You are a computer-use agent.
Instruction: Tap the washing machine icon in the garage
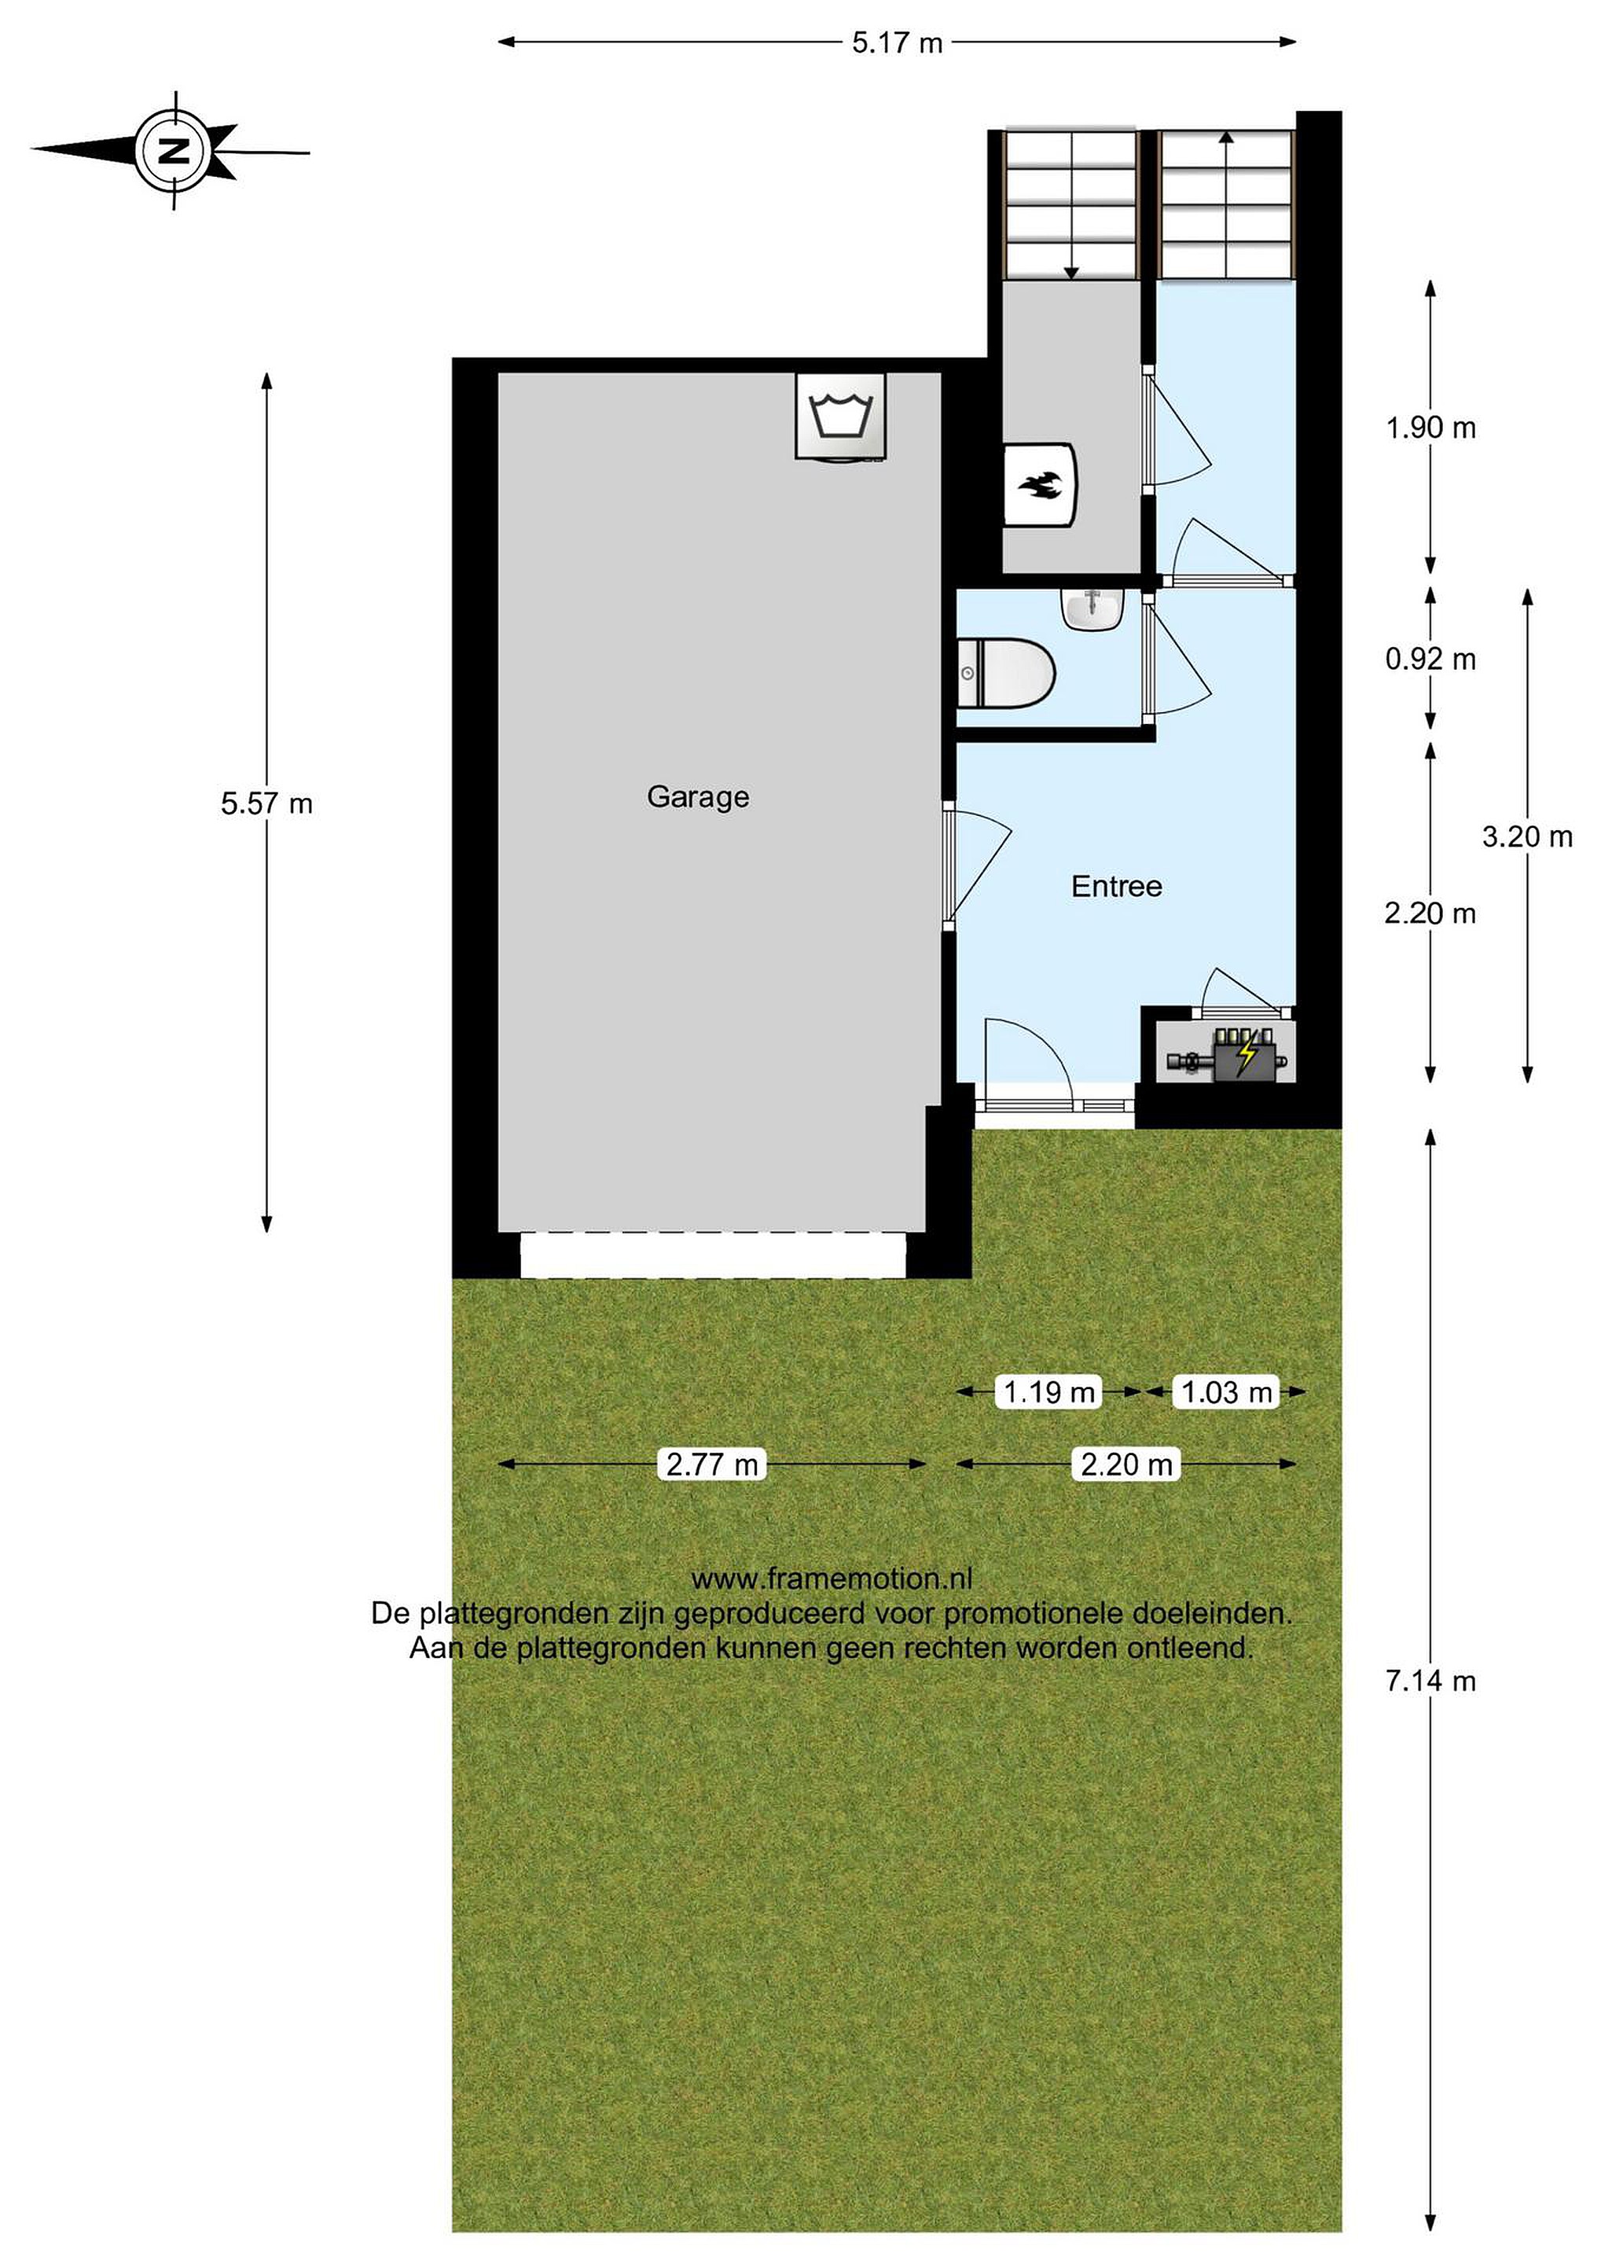point(840,415)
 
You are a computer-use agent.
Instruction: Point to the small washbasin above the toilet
point(1092,609)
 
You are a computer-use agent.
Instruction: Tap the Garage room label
point(698,797)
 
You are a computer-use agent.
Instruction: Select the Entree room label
point(1116,887)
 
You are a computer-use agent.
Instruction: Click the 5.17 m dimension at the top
point(897,43)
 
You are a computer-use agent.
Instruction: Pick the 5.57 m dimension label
point(266,803)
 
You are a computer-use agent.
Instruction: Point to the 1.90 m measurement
point(1430,428)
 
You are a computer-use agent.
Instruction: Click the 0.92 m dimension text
point(1430,659)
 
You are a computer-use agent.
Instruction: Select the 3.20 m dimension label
point(1527,837)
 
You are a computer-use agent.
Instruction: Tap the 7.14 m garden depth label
point(1430,1681)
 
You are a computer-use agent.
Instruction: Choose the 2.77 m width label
point(712,1465)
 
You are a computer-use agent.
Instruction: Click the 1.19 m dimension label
point(1049,1392)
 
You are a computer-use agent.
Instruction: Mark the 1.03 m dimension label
point(1226,1392)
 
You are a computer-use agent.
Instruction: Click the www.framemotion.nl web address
point(831,1579)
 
